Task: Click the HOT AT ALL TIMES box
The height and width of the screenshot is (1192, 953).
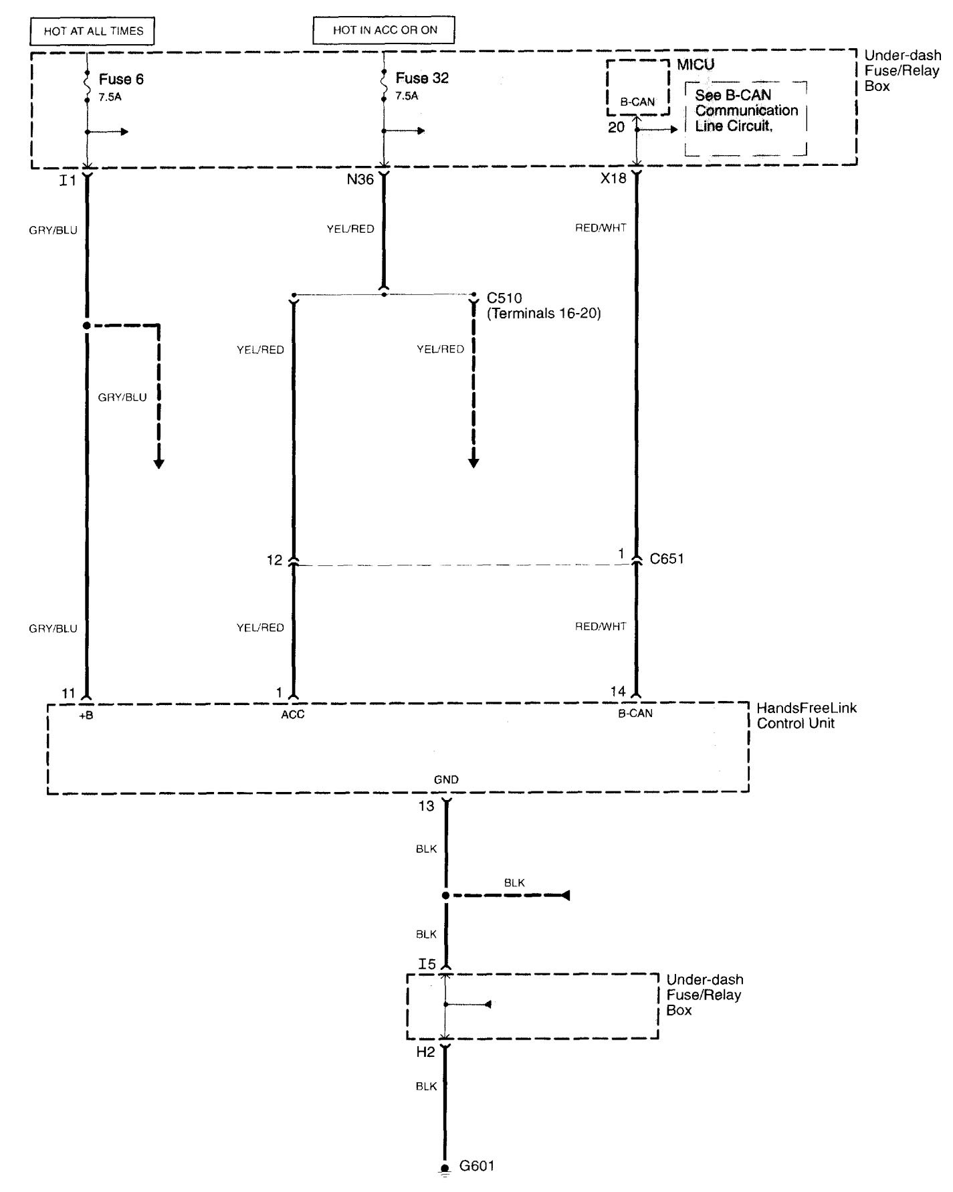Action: [x=93, y=31]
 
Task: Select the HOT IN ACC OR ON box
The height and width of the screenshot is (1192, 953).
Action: [x=384, y=30]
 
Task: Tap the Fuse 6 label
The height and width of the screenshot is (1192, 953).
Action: [x=121, y=79]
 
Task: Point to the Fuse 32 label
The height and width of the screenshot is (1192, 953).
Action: [x=422, y=78]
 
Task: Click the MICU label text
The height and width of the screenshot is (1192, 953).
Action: [x=696, y=65]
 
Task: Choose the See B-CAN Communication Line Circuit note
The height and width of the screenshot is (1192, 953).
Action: [x=746, y=110]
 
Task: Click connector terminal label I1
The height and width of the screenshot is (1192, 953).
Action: [x=68, y=180]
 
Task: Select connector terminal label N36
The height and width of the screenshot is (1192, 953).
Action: [x=360, y=179]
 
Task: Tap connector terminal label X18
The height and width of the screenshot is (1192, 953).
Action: [x=613, y=179]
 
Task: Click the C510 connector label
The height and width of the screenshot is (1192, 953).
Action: [x=504, y=298]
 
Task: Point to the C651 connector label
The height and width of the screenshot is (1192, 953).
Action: [x=667, y=559]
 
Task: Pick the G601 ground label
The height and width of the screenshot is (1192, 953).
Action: [x=477, y=1166]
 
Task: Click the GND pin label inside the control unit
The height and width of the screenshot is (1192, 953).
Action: [x=446, y=779]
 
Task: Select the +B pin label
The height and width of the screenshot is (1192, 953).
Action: [x=86, y=714]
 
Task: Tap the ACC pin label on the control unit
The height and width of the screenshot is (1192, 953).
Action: [x=292, y=714]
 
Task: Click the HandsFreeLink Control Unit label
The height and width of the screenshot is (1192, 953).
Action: [x=806, y=715]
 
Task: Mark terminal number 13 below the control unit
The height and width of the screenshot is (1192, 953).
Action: [x=426, y=806]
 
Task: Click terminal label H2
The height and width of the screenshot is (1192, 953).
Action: [x=425, y=1052]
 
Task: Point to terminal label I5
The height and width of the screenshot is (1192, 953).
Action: [x=427, y=964]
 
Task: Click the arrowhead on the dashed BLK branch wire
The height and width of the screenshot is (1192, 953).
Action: [x=565, y=895]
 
